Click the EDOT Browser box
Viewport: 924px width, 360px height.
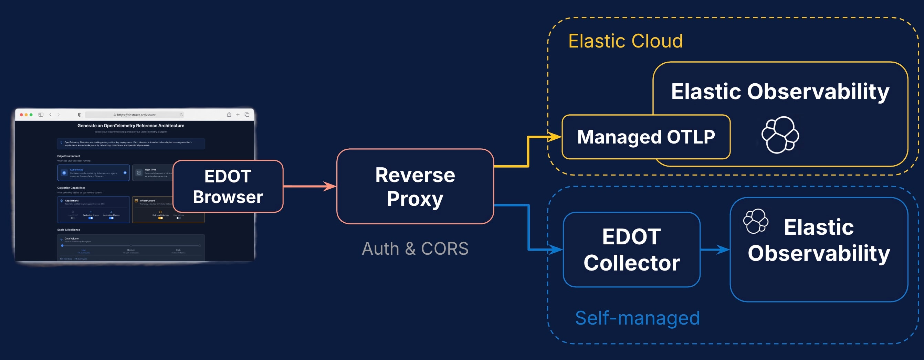[x=228, y=187]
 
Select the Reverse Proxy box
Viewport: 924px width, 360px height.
[x=415, y=187]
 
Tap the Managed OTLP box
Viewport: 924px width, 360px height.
[x=645, y=137]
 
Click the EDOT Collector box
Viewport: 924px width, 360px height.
[x=631, y=250]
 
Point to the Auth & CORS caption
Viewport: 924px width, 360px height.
[x=415, y=248]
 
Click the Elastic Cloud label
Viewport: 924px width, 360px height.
[x=625, y=41]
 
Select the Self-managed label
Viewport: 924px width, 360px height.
[x=637, y=318]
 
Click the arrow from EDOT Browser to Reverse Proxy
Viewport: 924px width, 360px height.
[x=308, y=186]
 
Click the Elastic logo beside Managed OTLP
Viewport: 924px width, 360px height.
[x=780, y=135]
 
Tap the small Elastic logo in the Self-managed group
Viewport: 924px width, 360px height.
[x=755, y=221]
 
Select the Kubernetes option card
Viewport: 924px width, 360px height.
[x=93, y=173]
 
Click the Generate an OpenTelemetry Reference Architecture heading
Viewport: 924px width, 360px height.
[x=130, y=126]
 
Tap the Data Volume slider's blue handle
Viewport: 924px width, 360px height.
[x=62, y=246]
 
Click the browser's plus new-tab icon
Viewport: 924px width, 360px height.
[x=238, y=115]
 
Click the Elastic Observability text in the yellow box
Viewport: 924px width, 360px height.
[x=780, y=92]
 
